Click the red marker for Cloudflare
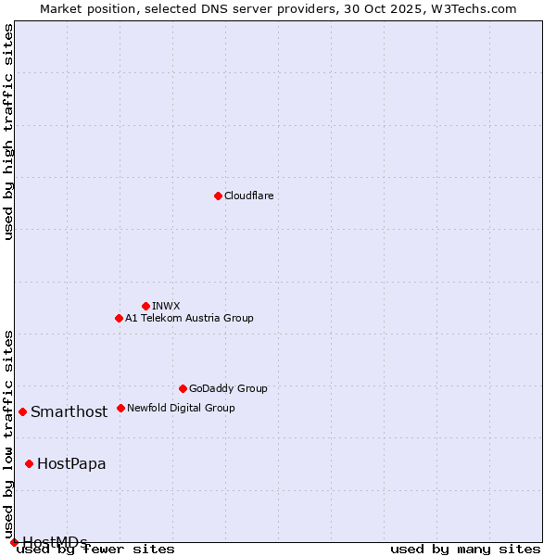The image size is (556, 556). click(x=218, y=196)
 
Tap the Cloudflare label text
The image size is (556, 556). click(x=248, y=196)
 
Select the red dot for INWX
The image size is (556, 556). click(x=145, y=306)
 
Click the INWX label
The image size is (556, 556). click(x=166, y=306)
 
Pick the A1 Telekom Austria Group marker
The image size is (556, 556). click(x=119, y=318)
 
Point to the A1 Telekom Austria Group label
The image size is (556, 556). click(x=189, y=318)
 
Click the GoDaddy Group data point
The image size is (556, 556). click(x=183, y=388)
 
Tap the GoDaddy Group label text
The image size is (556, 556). click(x=227, y=389)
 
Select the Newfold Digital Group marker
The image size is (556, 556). click(x=120, y=408)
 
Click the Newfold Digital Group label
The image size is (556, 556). click(x=181, y=408)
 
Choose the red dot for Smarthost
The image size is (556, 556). click(x=22, y=411)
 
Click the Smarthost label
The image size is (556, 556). click(x=69, y=412)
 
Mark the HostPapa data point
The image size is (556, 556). click(x=30, y=463)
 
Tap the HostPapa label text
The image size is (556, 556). click(x=71, y=464)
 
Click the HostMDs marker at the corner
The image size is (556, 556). click(x=14, y=542)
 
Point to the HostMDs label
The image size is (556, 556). click(x=55, y=542)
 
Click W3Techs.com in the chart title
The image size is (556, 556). click(x=479, y=8)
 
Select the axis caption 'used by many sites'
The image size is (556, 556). click(x=465, y=549)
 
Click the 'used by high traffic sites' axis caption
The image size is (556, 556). click(x=8, y=132)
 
